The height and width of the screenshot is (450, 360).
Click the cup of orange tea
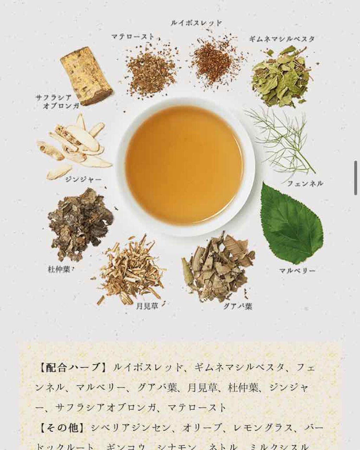pyautogui.click(x=184, y=165)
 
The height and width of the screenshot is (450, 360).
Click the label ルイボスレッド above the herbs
pyautogui.click(x=196, y=23)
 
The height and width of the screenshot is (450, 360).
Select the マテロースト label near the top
pyautogui.click(x=133, y=36)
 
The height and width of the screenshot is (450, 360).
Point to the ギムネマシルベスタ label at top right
pyautogui.click(x=282, y=39)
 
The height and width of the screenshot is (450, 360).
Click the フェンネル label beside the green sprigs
pyautogui.click(x=305, y=183)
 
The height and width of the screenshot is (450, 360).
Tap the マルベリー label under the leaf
pyautogui.click(x=297, y=270)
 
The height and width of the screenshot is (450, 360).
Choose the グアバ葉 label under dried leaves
pyautogui.click(x=238, y=306)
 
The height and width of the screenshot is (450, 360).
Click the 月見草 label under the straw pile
pyautogui.click(x=147, y=306)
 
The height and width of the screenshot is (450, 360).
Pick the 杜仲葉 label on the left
pyautogui.click(x=59, y=270)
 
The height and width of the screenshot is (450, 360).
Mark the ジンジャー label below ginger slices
pyautogui.click(x=84, y=180)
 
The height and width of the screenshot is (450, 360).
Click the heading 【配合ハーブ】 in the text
pyautogui.click(x=73, y=368)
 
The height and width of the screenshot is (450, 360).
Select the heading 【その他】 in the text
pyautogui.click(x=62, y=428)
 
